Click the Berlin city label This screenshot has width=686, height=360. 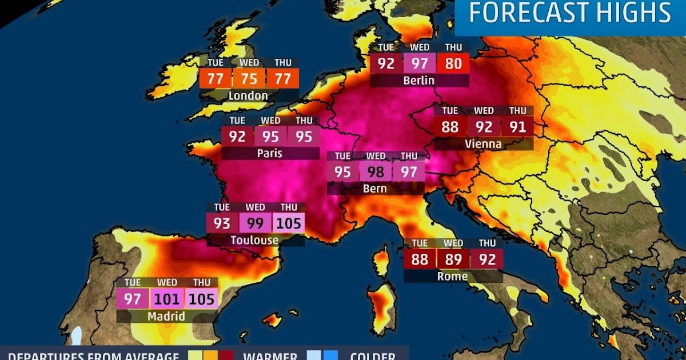pyautogui.click(x=418, y=81)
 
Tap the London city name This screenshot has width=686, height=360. pyautogui.click(x=248, y=96)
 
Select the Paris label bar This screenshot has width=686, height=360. pyautogui.click(x=269, y=154)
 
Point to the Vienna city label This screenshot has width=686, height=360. pyautogui.click(x=483, y=144)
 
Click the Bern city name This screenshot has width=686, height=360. pyautogui.click(x=375, y=189)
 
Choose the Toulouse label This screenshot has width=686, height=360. pyautogui.click(x=254, y=240)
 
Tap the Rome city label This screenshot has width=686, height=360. pyautogui.click(x=453, y=277)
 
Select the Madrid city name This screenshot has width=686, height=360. pyautogui.click(x=166, y=316)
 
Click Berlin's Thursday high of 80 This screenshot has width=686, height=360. pyautogui.click(x=453, y=63)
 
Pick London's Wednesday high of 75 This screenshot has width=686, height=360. pyautogui.click(x=249, y=78)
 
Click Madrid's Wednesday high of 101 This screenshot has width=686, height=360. pyautogui.click(x=167, y=299)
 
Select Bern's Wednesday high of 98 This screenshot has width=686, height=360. pyautogui.click(x=376, y=171)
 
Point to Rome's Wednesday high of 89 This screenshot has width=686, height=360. pyautogui.click(x=453, y=259)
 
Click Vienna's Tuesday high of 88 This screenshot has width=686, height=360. pyautogui.click(x=450, y=126)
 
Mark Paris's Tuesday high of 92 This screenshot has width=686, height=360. pyautogui.click(x=237, y=137)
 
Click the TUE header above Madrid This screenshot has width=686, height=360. pyautogui.click(x=133, y=282)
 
